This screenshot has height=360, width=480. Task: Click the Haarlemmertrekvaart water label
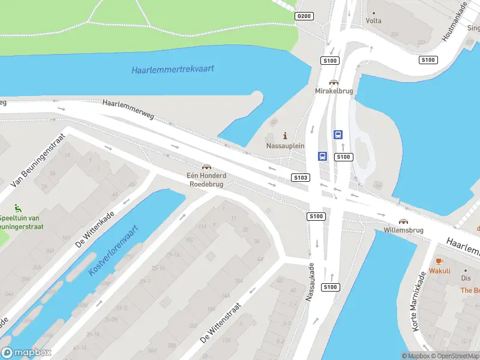point(173,69)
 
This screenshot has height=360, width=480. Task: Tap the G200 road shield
point(304,16)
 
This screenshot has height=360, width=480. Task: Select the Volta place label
point(373,20)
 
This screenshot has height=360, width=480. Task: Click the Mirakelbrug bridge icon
point(333,82)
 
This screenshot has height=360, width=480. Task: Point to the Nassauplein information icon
point(285,136)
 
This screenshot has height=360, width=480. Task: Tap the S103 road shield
point(301,178)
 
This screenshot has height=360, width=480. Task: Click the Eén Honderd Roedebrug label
point(206,180)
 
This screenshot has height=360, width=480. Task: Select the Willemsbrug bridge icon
point(403,221)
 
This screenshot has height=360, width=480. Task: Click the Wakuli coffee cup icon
point(439,261)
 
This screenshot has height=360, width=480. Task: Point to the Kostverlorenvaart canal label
point(113,250)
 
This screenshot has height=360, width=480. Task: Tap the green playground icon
point(19,208)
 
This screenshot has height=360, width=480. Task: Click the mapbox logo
point(26,353)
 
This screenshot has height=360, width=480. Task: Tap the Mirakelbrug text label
point(334,91)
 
